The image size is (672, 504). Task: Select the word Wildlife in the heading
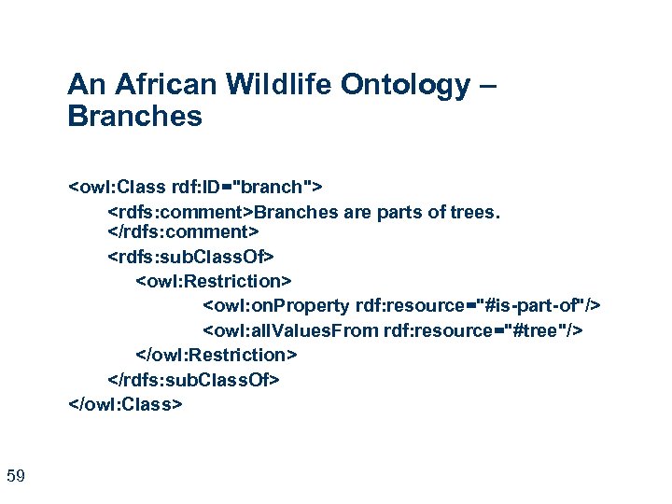coord(271,86)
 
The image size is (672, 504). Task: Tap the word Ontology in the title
coord(406,86)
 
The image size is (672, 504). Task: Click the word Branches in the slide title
coord(134,117)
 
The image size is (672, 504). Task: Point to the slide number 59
coord(15,477)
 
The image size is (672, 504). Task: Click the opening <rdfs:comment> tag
coord(181,212)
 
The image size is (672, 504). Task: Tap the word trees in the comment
coord(475,212)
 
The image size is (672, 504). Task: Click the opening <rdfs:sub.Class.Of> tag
coord(192,256)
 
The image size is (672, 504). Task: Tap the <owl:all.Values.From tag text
coord(291,330)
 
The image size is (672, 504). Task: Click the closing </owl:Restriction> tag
coord(217,355)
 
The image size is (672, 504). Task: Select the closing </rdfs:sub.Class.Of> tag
coord(194,379)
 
